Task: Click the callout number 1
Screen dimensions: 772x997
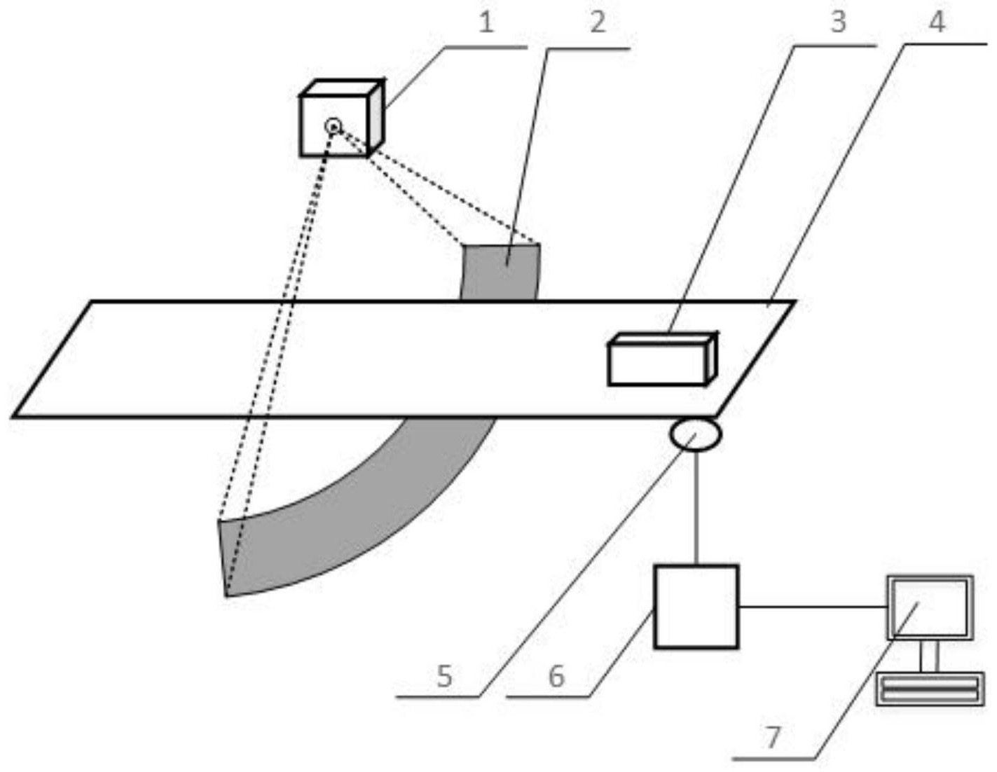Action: tap(486, 22)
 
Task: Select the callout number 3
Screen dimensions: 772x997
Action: tap(837, 22)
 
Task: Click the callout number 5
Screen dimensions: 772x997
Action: tap(444, 677)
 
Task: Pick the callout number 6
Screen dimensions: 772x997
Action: tap(556, 677)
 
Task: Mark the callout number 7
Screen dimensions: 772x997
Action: tap(772, 737)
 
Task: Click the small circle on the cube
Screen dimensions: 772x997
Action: tap(334, 127)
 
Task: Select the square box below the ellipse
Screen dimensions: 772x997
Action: tap(696, 607)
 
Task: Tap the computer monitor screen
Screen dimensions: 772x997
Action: tap(930, 607)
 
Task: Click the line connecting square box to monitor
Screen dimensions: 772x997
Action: tap(813, 607)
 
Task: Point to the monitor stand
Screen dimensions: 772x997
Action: tap(930, 656)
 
